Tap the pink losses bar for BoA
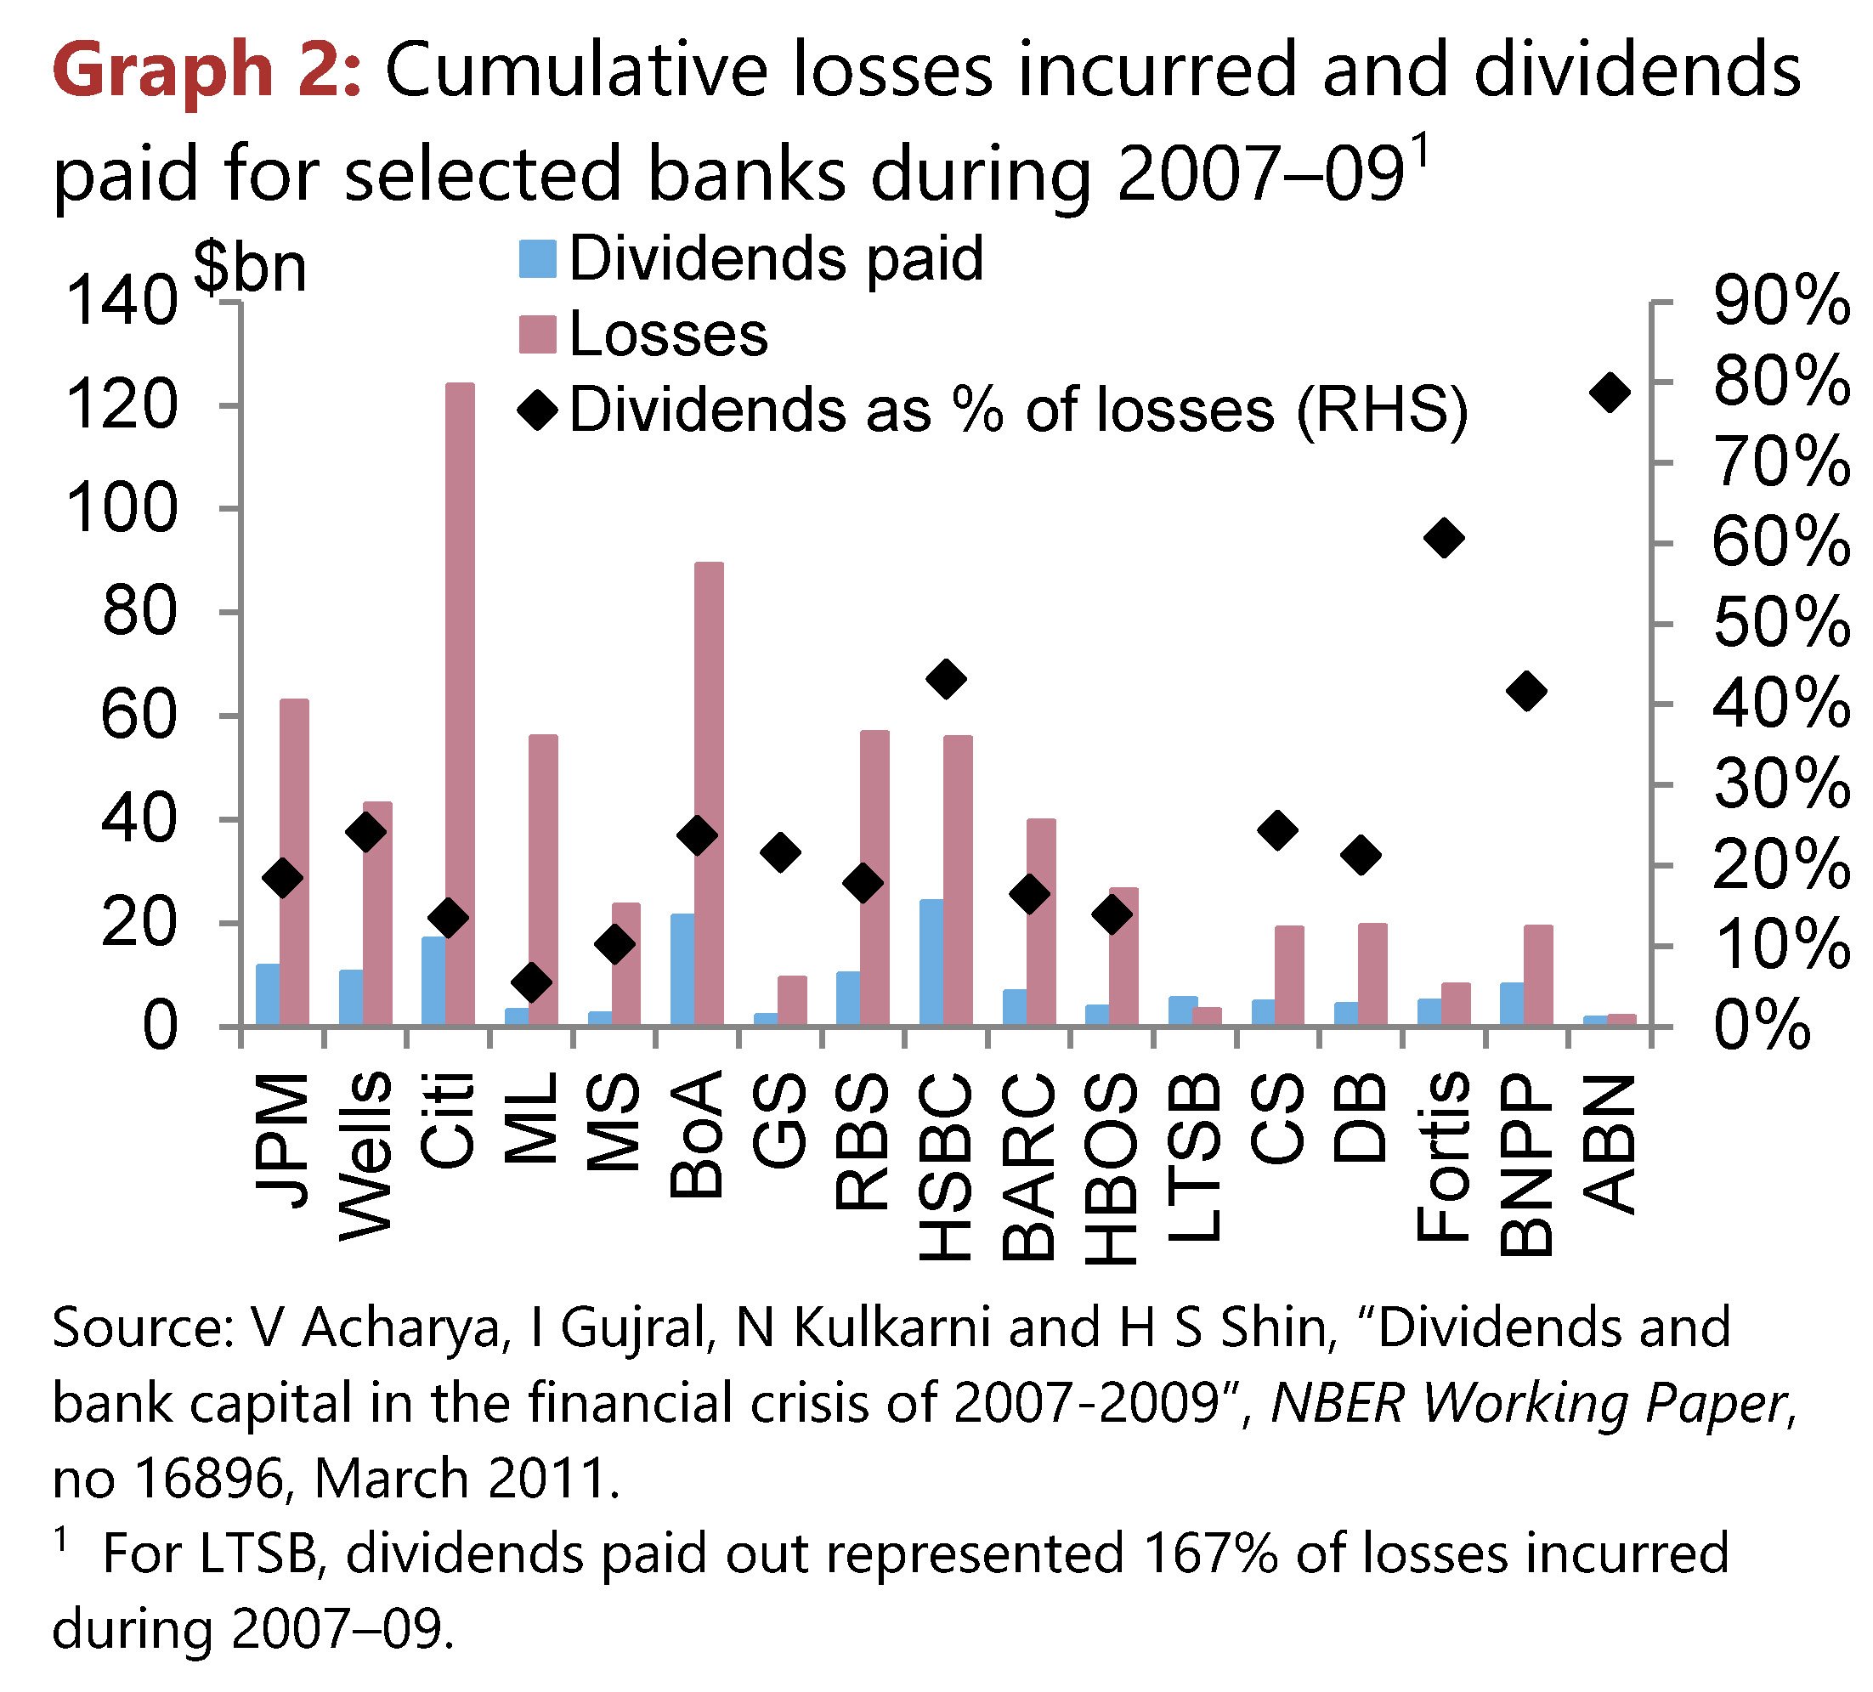tap(709, 794)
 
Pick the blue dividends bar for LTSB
tap(1182, 1010)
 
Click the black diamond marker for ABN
tap(1610, 392)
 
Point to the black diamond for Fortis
tap(1444, 538)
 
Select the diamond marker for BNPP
tap(1526, 691)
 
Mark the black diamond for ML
tap(531, 982)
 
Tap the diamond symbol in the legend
tap(538, 410)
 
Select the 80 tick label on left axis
tap(139, 613)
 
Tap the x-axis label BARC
tap(1028, 1167)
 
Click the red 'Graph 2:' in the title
tap(207, 71)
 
